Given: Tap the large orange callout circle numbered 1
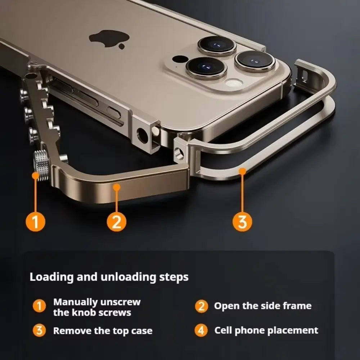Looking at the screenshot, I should pos(35,222).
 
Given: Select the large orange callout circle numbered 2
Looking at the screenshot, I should pos(117,222).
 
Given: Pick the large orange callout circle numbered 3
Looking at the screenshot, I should pos(243,222).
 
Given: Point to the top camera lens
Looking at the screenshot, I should pos(216,45).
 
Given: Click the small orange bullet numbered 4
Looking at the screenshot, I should pos(201,330).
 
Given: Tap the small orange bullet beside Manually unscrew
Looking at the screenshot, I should pos(39,307).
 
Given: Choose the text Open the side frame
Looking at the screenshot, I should pos(262,306).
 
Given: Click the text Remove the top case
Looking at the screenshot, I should pos(103,330).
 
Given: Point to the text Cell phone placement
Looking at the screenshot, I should pos(266,330).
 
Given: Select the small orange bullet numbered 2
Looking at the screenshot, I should pos(201,306).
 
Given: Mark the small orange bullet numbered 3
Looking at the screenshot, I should pos(39,330).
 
